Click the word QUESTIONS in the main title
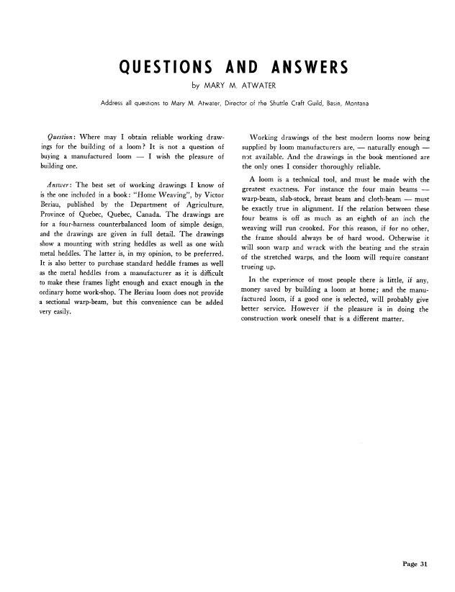coord(164,68)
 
